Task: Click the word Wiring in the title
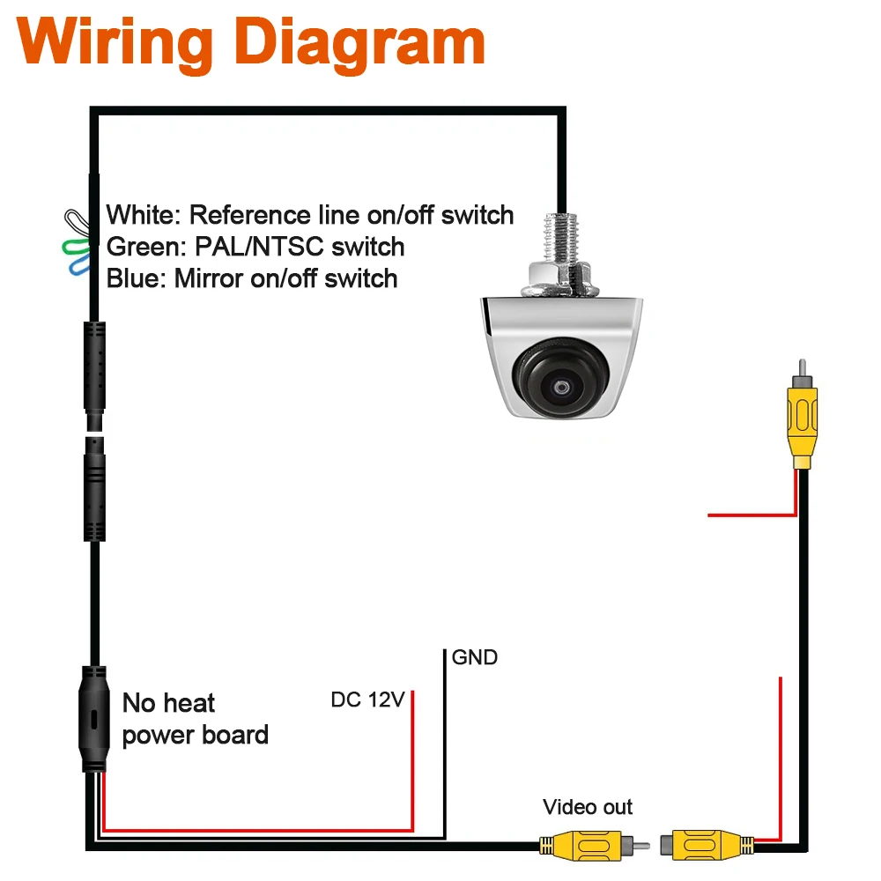pos(115,43)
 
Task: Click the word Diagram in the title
pos(359,43)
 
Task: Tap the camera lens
pos(560,378)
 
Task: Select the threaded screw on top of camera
pos(560,238)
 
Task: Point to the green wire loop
pos(75,248)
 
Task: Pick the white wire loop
pos(78,223)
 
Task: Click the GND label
pos(474,657)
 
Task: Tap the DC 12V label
pos(367,700)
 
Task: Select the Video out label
pos(587,807)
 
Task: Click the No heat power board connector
pos(94,719)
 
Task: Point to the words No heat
pos(168,703)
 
